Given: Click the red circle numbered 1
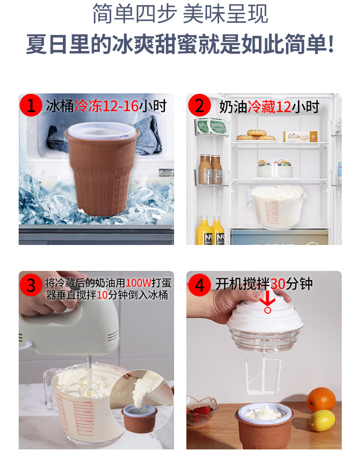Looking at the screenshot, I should pos(31,106).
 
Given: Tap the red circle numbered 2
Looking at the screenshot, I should pos(200,106).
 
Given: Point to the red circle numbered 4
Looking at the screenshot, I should pos(200,285).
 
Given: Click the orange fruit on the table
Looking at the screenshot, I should pos(321,399).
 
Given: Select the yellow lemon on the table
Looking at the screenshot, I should pos(323,420).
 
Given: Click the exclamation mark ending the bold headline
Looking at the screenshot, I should pos(330,44).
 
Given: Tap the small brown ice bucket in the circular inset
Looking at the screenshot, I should pos(139,417).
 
